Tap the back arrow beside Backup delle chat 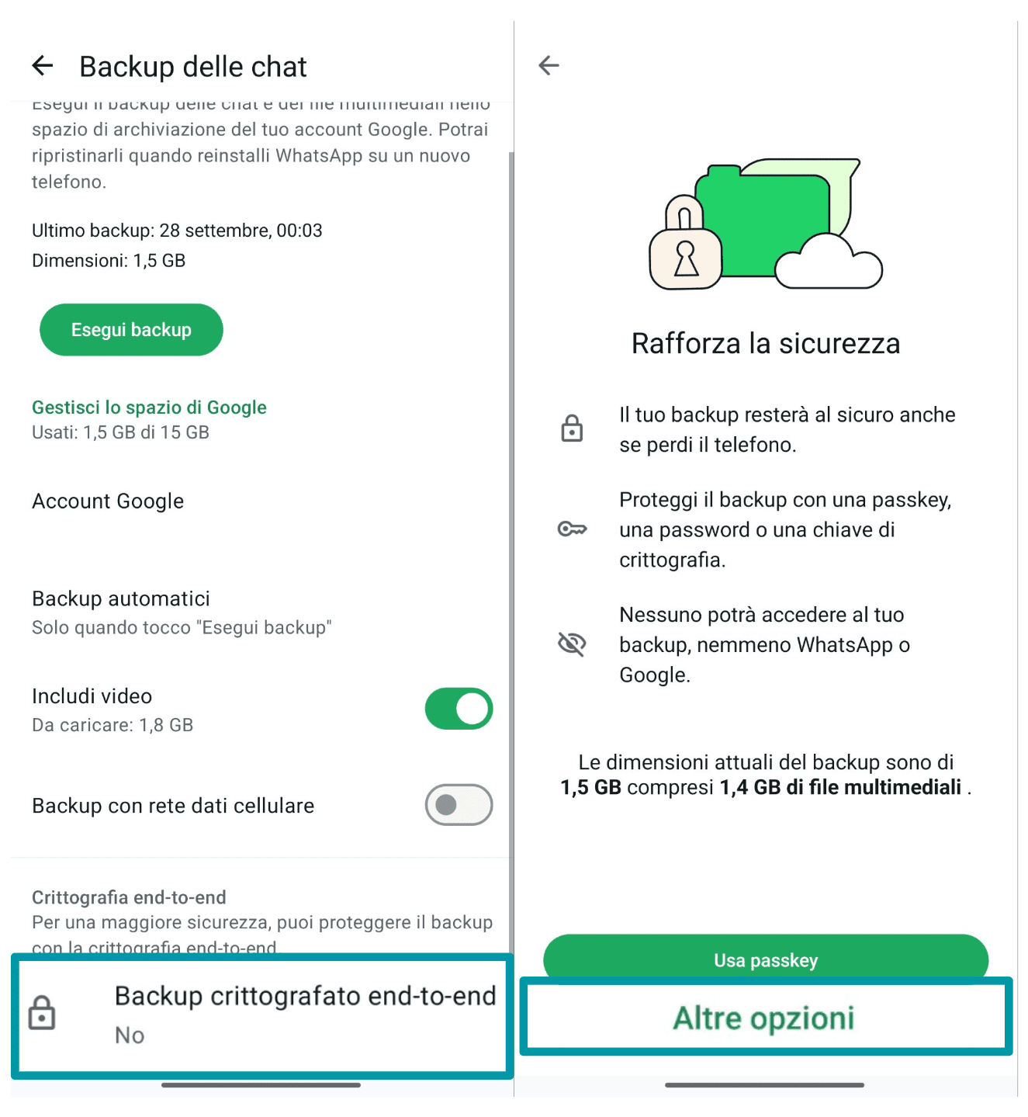(43, 66)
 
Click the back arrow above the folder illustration (549, 65)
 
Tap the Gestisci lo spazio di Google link (149, 408)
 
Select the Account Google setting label (108, 501)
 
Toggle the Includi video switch (459, 709)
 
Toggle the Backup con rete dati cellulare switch (459, 805)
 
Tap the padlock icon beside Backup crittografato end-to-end (42, 1013)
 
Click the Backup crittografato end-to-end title (305, 996)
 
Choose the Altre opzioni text (763, 1018)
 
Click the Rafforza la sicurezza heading (766, 344)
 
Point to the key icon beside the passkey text (572, 529)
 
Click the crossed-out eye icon (572, 643)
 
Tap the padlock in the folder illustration (685, 248)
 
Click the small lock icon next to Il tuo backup (572, 428)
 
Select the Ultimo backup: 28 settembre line (177, 231)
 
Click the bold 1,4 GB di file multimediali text (840, 788)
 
